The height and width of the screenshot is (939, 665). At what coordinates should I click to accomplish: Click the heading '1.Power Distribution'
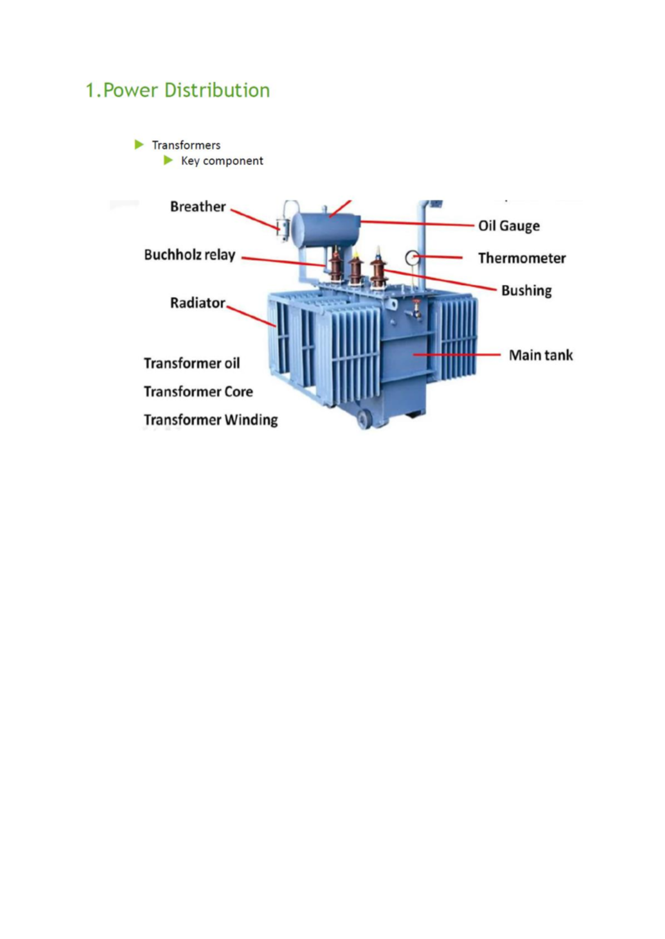177,90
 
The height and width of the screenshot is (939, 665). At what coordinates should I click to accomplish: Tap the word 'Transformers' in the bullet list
186,145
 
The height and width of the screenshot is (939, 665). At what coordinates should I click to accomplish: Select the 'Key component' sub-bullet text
222,161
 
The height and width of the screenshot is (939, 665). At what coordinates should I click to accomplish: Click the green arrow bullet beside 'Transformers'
139,145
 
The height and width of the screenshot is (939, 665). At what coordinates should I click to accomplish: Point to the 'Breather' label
198,207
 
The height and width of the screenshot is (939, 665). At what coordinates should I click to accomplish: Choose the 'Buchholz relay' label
190,255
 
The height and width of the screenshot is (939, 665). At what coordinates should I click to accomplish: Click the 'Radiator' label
198,303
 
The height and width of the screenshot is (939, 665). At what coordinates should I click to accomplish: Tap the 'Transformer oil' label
192,363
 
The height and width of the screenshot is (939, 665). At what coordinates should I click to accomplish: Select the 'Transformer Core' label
198,391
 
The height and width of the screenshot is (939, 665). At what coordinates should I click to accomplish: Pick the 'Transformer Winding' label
211,420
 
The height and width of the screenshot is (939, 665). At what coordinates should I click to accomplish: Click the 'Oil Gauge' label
509,226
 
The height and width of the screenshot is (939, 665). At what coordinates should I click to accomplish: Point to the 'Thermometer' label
521,258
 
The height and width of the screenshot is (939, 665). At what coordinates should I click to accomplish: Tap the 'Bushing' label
526,291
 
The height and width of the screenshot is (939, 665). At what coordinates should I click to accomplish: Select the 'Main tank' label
540,355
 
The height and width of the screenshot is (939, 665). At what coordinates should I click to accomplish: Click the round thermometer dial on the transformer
412,257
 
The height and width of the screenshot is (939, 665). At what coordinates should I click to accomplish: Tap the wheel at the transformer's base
364,419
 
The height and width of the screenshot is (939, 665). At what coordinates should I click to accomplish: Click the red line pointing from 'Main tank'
457,355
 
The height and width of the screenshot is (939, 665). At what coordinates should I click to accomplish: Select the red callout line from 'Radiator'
252,314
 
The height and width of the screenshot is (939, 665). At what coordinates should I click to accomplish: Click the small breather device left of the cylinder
283,228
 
